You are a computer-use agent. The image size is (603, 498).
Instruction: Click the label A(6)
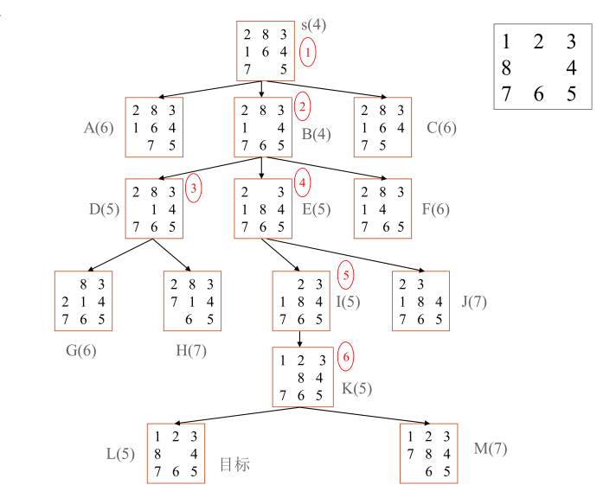pos(99,129)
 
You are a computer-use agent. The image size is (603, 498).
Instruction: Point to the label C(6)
pos(440,129)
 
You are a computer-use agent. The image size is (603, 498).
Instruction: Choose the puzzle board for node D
pos(154,208)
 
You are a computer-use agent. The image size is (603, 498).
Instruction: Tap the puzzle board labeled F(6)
pos(382,208)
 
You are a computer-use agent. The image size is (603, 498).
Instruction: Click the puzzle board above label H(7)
pos(192,300)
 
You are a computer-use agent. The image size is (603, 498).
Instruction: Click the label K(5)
pos(356,388)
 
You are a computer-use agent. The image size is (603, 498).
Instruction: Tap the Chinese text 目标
pos(234,465)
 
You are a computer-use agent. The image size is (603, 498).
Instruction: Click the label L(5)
pos(120,453)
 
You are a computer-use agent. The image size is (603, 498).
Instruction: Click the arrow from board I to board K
pos(300,338)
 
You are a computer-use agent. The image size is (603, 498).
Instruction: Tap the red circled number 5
pos(345,276)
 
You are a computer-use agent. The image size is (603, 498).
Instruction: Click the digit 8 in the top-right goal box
pos(506,67)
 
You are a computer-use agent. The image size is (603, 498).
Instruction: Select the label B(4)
pos(317,134)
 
